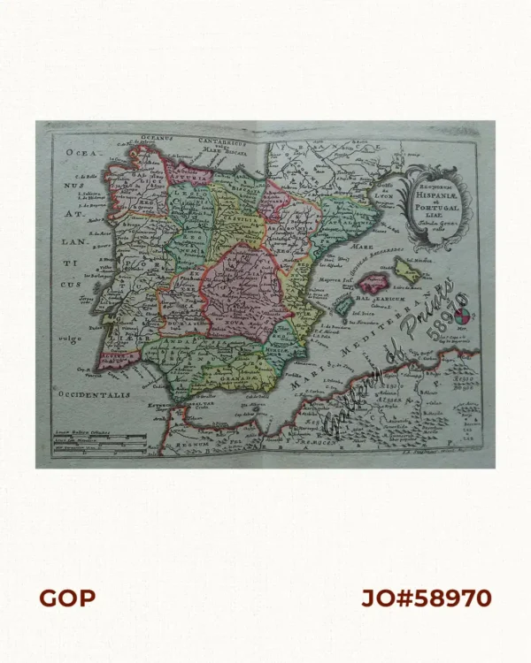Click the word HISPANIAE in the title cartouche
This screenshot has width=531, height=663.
435,193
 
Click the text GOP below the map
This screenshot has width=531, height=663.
66,598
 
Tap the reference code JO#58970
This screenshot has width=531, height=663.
426,598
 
